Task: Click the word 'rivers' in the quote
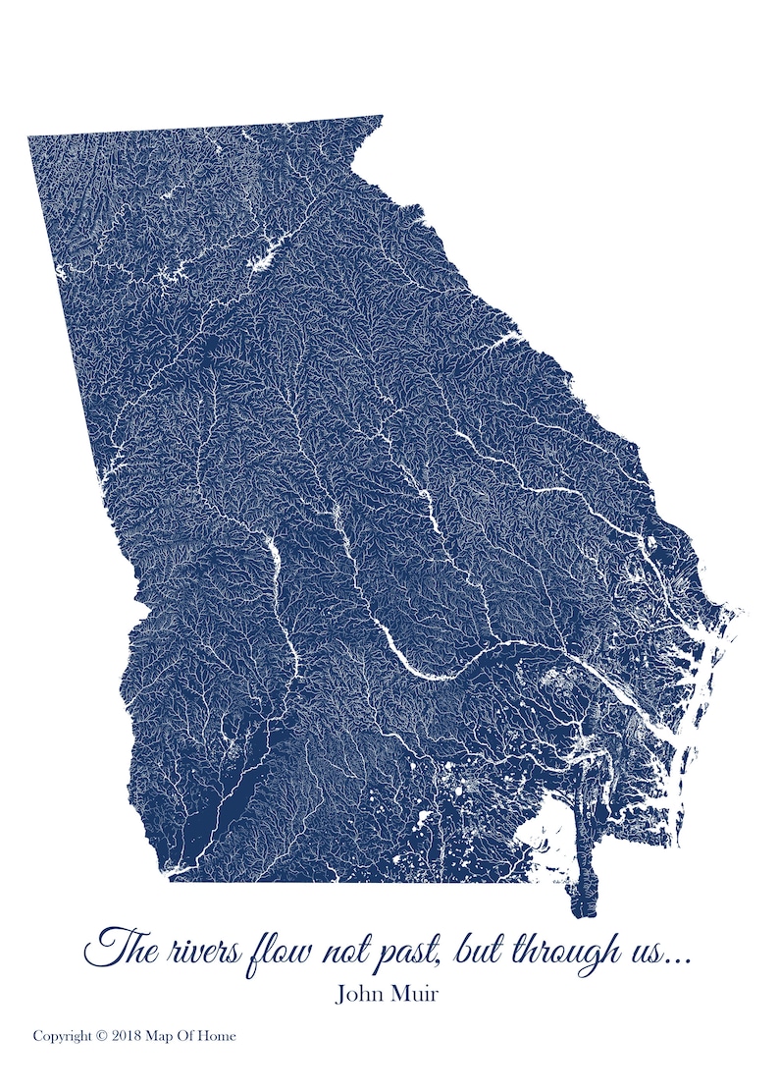(196, 950)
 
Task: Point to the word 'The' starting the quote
(117, 948)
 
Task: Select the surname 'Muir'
(416, 994)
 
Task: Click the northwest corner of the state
(28, 136)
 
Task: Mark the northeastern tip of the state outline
(381, 116)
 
